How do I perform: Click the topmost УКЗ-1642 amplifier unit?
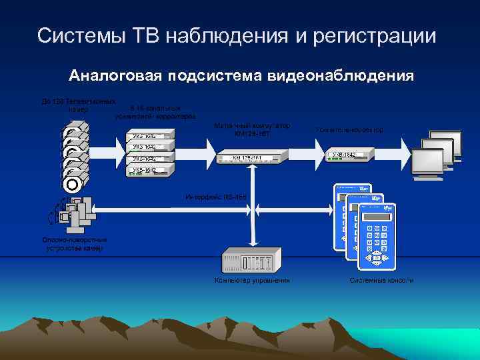coord(150,137)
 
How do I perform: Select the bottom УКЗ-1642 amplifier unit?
coord(150,171)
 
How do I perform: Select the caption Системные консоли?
coord(381,281)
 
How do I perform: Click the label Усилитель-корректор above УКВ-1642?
coord(349,129)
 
